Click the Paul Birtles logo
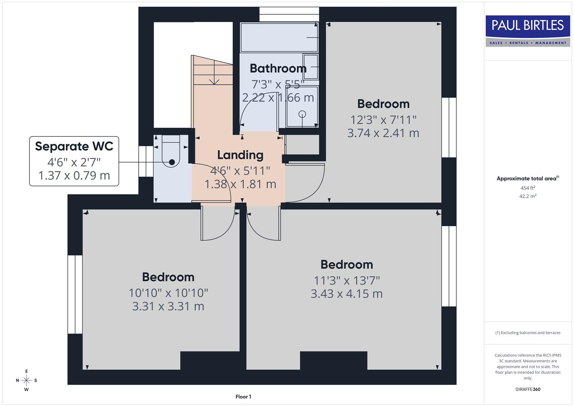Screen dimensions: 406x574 (527, 31)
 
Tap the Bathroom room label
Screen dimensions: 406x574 (278, 68)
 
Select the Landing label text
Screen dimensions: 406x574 (240, 155)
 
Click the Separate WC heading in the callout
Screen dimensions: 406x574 (74, 146)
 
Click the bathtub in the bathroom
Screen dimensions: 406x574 (279, 37)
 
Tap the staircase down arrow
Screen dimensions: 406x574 (214, 79)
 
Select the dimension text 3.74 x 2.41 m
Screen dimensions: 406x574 (383, 133)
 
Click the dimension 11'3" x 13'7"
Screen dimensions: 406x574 (347, 280)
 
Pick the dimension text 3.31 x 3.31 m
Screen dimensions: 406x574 (168, 306)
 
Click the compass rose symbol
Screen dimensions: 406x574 (26, 380)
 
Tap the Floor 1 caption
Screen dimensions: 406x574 (243, 397)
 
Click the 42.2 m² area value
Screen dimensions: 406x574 (527, 196)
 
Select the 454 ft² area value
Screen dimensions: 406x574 (527, 188)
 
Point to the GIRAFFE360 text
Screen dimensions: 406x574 (527, 389)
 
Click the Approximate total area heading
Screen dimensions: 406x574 (527, 179)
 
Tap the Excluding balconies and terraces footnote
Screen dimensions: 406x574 (527, 333)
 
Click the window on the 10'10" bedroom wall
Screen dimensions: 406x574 (75, 294)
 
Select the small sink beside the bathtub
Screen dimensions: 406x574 (310, 67)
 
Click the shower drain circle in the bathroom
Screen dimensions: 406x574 (302, 114)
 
